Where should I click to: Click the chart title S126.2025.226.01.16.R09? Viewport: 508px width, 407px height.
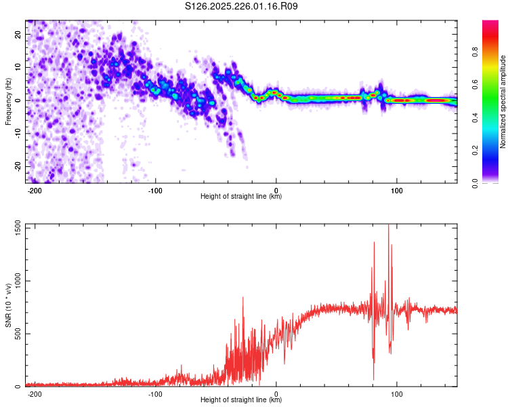pyautogui.click(x=242, y=6)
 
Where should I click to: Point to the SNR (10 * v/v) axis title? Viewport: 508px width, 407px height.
pyautogui.click(x=8, y=307)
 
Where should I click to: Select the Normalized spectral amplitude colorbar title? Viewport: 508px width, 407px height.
pyautogui.click(x=503, y=102)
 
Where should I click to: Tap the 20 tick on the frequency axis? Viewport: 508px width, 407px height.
pyautogui.click(x=19, y=34)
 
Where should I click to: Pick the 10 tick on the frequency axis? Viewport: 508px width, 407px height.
pyautogui.click(x=19, y=67)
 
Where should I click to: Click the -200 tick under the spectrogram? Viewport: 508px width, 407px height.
pyautogui.click(x=35, y=191)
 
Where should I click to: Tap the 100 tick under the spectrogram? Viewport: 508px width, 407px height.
pyautogui.click(x=397, y=191)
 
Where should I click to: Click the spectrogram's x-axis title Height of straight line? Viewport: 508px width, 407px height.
pyautogui.click(x=241, y=197)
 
